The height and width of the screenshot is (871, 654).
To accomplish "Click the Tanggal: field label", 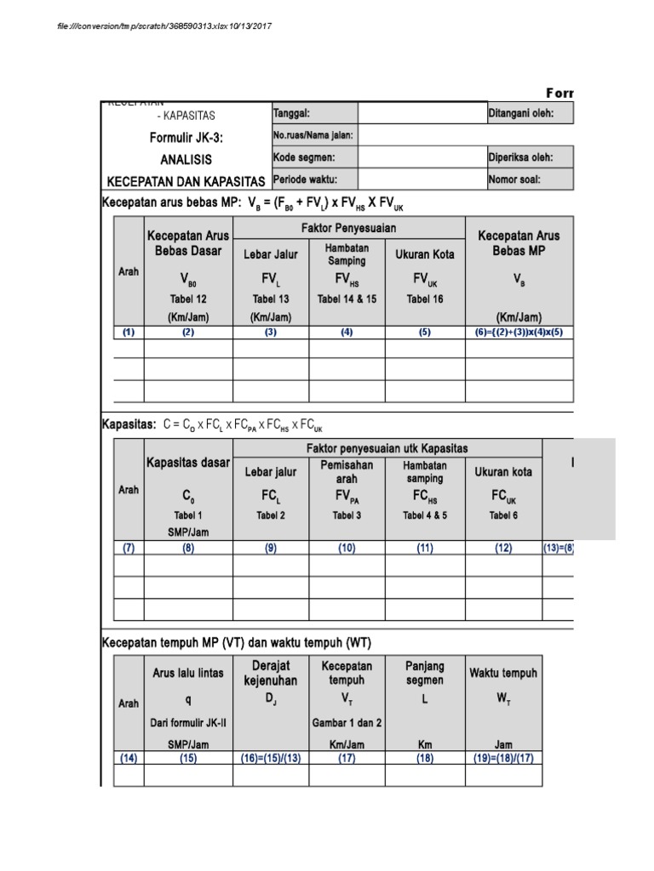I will [291, 114].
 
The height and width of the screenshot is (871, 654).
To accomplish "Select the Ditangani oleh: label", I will [521, 114].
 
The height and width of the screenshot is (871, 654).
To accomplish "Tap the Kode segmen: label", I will [303, 157].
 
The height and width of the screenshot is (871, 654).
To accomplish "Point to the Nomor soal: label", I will [515, 179].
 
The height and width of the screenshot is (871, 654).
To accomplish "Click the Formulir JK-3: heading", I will [186, 138].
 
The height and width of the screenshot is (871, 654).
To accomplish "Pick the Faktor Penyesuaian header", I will [348, 229].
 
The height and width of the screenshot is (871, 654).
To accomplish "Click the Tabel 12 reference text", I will [188, 299].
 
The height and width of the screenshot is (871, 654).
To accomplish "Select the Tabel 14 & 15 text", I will [347, 299].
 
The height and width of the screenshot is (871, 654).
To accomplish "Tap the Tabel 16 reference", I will [425, 299].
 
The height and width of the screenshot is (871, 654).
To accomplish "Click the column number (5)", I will [425, 333].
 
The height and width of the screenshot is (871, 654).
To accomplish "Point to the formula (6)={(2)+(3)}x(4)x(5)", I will [519, 333].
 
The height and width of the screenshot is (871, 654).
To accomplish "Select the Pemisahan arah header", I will [347, 472].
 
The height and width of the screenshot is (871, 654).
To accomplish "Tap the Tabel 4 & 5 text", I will [425, 515].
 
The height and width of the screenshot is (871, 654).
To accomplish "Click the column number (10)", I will [347, 549].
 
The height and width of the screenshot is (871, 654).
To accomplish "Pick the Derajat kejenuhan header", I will [270, 674].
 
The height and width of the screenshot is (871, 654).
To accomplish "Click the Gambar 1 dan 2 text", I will [347, 723].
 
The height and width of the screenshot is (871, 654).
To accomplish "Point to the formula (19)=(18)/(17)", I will [503, 757].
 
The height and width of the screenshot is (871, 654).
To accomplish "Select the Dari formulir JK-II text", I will [188, 723].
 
